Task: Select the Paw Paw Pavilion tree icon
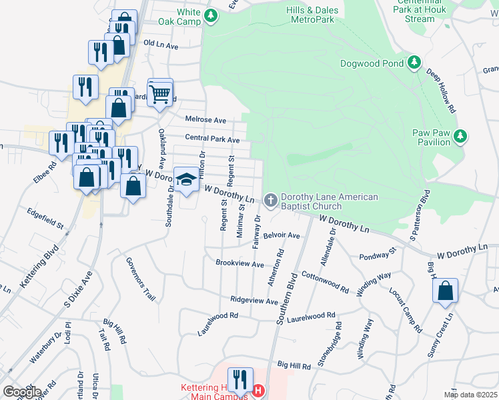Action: tap(460, 136)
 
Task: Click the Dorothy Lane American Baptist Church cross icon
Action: tap(271, 199)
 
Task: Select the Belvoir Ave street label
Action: tap(282, 236)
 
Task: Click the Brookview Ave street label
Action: tap(239, 263)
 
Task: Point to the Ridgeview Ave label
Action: tap(254, 301)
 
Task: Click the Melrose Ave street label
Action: tap(205, 120)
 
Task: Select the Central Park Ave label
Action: tap(212, 139)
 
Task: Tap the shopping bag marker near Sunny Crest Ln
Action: tap(445, 291)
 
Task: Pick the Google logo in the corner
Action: tap(22, 392)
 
